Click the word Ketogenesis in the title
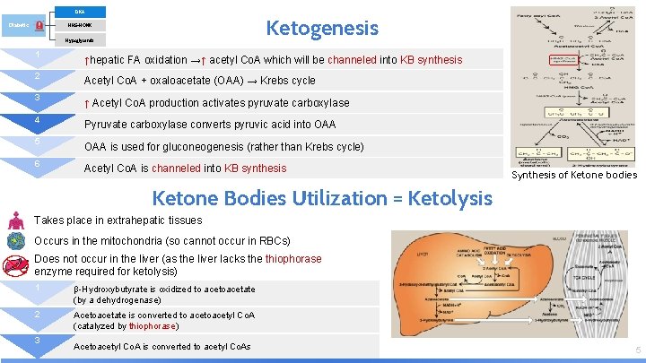[322, 29]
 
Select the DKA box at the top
[78, 11]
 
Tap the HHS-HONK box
[78, 25]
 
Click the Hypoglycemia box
[78, 41]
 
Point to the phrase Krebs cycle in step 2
[288, 81]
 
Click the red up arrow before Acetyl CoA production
[86, 103]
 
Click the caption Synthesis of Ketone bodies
[573, 175]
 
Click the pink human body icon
[15, 220]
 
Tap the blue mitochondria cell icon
[15, 240]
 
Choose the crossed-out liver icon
[15, 264]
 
